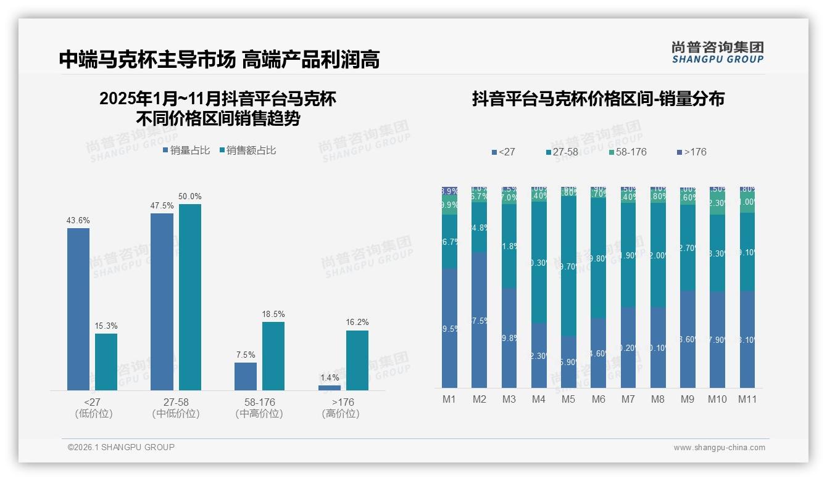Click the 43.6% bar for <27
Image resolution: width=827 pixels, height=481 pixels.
[78, 308]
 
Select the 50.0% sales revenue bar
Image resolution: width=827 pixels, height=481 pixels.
[190, 297]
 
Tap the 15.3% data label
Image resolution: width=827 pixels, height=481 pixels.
[106, 326]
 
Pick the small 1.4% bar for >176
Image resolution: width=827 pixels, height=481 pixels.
[330, 387]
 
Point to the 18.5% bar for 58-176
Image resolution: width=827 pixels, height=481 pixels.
[273, 356]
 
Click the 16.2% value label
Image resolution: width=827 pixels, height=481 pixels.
[357, 322]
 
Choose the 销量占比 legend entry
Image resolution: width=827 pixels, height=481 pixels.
[186, 150]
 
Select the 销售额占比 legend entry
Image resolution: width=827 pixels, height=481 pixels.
[247, 150]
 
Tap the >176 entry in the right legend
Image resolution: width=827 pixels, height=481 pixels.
[691, 152]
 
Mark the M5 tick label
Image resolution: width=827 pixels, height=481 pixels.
[568, 399]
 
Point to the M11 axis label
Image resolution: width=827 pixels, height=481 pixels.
[747, 399]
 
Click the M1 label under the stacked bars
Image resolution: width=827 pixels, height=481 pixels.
[449, 399]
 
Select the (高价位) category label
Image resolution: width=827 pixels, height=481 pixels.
[341, 414]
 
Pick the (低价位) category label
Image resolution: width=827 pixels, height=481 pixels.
[93, 414]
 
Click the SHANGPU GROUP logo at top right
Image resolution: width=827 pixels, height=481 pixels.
[717, 52]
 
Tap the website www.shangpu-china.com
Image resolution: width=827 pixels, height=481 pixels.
[719, 448]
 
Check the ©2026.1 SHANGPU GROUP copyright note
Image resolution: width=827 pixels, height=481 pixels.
[121, 447]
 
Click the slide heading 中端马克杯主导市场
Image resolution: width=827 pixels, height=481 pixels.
[148, 59]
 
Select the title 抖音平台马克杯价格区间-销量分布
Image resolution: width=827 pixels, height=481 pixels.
[598, 99]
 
